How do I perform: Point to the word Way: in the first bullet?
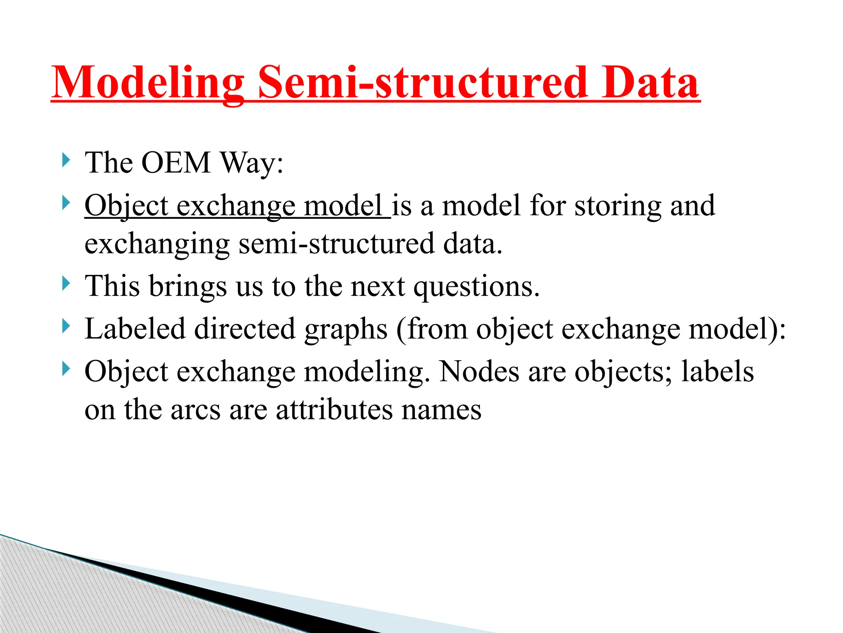click(x=252, y=163)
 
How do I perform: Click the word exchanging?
click(x=157, y=244)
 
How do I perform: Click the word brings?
click(x=187, y=286)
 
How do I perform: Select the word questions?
click(x=476, y=287)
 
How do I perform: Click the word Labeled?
click(x=135, y=329)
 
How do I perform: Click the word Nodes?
click(x=479, y=371)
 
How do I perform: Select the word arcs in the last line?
click(x=196, y=410)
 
